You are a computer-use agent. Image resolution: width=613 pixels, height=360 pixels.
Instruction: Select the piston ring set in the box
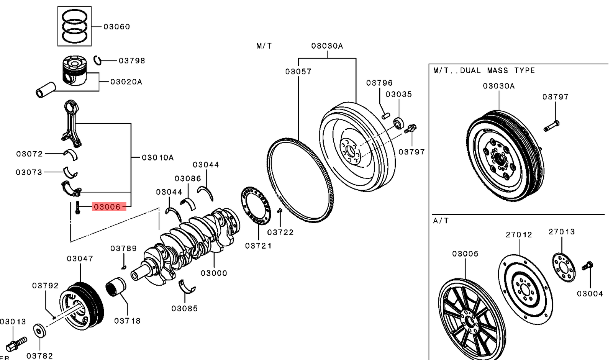(75, 26)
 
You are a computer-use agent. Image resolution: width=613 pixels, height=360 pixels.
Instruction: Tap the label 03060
(116, 26)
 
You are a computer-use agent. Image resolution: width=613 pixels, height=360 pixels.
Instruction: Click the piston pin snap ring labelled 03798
(98, 60)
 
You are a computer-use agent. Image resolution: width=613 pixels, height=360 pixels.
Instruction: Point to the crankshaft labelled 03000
(192, 245)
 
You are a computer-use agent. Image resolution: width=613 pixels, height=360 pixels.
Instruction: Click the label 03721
(258, 246)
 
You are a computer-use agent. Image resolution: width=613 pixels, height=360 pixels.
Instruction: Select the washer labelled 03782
(39, 331)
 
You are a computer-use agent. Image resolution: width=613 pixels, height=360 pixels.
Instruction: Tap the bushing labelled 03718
(116, 288)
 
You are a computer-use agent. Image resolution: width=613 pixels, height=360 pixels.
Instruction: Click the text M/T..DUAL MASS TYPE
(484, 70)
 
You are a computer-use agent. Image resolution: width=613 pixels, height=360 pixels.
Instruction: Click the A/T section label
(441, 221)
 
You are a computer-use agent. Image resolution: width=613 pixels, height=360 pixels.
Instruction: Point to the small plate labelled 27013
(564, 267)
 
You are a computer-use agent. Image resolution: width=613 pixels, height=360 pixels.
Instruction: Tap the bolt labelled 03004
(587, 265)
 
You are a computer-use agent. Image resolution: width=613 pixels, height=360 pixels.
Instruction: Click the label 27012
(519, 234)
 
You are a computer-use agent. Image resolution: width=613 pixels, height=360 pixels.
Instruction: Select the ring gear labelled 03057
(300, 180)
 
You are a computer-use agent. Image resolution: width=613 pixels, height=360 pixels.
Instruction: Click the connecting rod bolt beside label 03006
(78, 207)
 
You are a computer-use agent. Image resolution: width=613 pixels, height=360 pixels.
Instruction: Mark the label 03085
(184, 308)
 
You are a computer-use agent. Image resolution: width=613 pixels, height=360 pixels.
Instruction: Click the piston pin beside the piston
(46, 89)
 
